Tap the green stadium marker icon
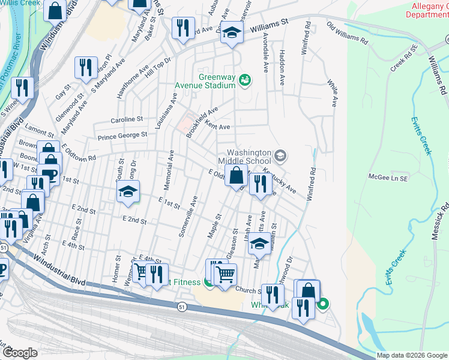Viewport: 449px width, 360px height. coord(244,79)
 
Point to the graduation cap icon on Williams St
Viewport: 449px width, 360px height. coord(231,34)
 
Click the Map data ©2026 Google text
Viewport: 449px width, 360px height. coord(411,355)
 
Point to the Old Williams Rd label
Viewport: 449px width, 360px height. coord(347,34)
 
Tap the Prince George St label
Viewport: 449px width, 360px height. coord(122,136)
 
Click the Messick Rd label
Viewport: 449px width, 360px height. coord(444,222)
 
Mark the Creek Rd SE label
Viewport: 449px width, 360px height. coord(403,58)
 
